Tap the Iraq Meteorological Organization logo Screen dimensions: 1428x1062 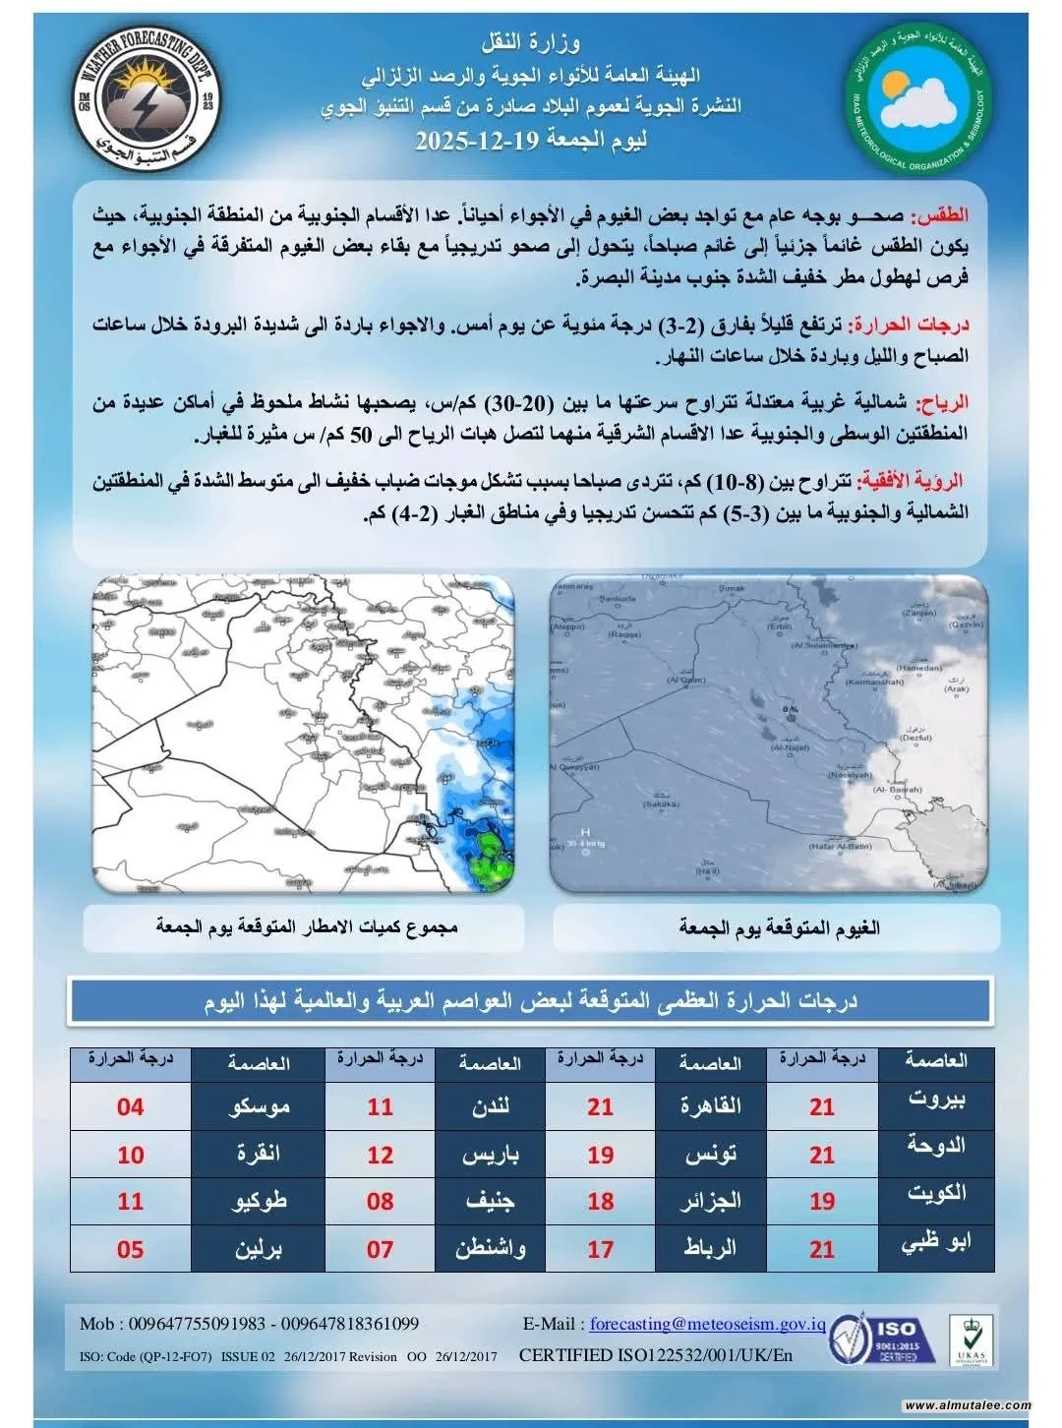click(919, 95)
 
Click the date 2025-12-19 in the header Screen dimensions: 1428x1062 click(479, 140)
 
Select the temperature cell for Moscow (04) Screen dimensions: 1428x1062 click(130, 1107)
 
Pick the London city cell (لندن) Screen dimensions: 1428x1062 click(491, 1107)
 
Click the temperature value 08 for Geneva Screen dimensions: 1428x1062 click(380, 1202)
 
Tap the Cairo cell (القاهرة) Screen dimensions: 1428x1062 click(711, 1107)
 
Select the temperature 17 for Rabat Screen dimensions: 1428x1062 click(600, 1249)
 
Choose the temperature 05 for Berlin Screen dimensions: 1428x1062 click(130, 1249)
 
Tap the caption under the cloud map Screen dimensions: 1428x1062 click(779, 927)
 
